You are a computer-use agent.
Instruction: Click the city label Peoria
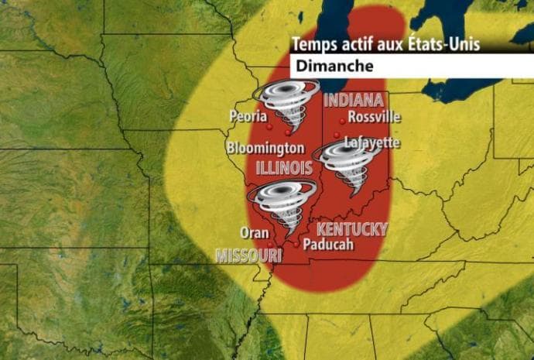click(x=247, y=116)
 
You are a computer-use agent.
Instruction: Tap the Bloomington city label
click(x=265, y=147)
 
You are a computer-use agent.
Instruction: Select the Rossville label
click(x=375, y=117)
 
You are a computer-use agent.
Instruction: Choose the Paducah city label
click(x=328, y=244)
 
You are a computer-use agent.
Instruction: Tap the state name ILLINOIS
click(x=284, y=167)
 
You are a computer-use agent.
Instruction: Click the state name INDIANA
click(x=354, y=100)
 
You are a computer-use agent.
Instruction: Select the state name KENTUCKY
click(x=352, y=229)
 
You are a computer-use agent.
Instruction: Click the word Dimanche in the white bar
click(x=332, y=66)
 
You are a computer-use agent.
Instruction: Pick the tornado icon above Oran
click(x=282, y=205)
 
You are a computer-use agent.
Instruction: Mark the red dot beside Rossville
click(x=342, y=121)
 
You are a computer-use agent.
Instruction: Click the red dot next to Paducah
click(x=296, y=243)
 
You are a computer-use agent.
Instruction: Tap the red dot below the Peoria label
click(x=269, y=126)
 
